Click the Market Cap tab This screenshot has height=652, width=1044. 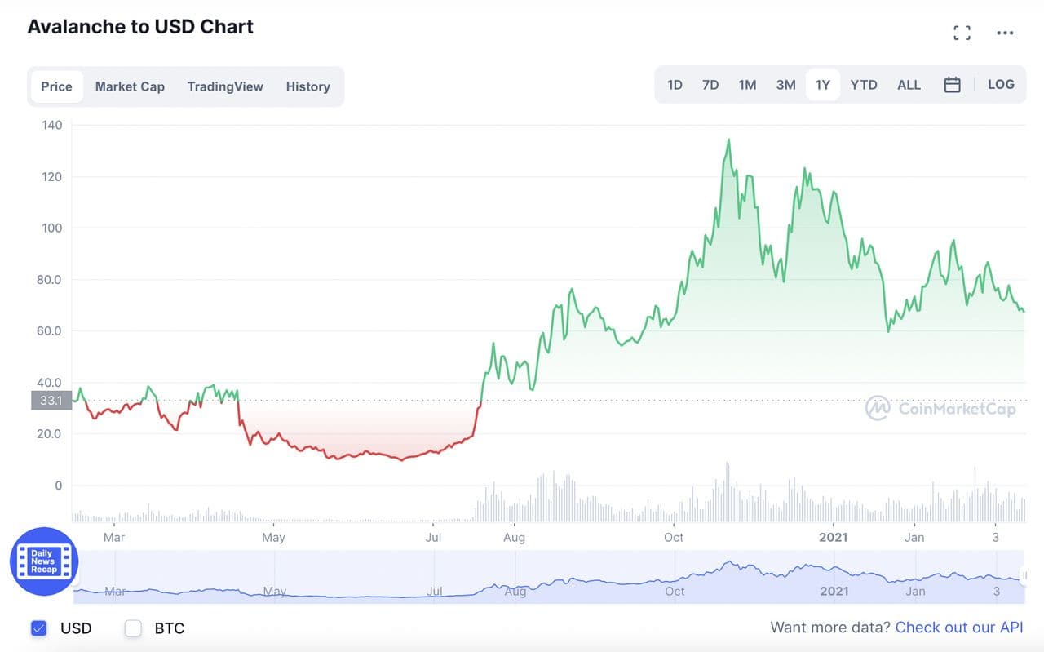pyautogui.click(x=130, y=86)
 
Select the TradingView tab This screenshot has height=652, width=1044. pyautogui.click(x=225, y=86)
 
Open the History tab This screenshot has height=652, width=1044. pyautogui.click(x=307, y=86)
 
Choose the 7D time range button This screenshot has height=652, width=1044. pyautogui.click(x=710, y=85)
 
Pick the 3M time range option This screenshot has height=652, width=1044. pyautogui.click(x=785, y=85)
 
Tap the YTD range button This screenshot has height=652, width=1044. pyautogui.click(x=864, y=85)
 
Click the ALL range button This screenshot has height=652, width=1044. pyautogui.click(x=909, y=85)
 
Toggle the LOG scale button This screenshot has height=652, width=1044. pyautogui.click(x=1001, y=85)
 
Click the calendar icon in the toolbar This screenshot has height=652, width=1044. pyautogui.click(x=952, y=85)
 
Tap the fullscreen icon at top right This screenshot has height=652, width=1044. pyautogui.click(x=962, y=33)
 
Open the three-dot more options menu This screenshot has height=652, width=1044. pyautogui.click(x=1005, y=33)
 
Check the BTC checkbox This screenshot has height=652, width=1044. pyautogui.click(x=133, y=628)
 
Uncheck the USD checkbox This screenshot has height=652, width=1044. pyautogui.click(x=38, y=628)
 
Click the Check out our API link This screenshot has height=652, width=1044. pyautogui.click(x=958, y=628)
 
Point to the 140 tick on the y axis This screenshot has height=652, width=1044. pyautogui.click(x=52, y=125)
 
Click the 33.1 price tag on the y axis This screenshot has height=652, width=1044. pyautogui.click(x=51, y=401)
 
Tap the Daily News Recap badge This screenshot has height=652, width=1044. pyautogui.click(x=44, y=561)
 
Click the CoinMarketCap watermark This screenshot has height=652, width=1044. pyautogui.click(x=941, y=408)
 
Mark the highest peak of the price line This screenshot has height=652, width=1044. pyautogui.click(x=728, y=140)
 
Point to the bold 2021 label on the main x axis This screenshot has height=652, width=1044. pyautogui.click(x=834, y=537)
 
